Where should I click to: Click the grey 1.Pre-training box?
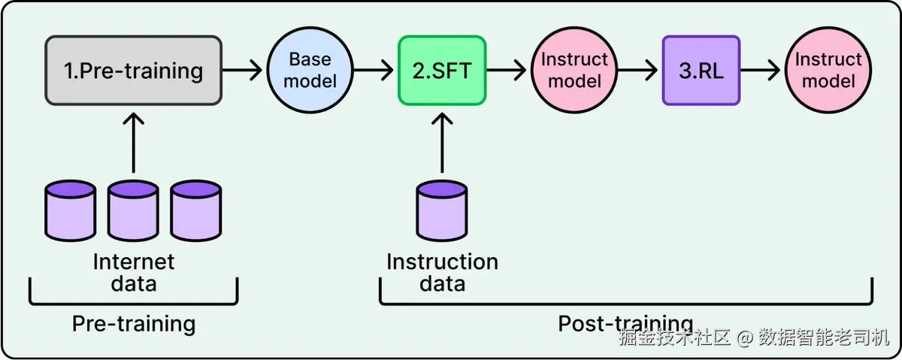coord(133,71)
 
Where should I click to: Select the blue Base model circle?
coord(310,70)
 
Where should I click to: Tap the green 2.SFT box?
coord(442,71)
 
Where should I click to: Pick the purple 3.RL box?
coord(701,71)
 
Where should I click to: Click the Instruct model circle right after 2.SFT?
coord(574,70)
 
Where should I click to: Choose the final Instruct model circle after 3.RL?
coord(828,70)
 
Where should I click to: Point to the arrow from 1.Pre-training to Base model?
coord(242,71)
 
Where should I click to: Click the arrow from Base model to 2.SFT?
coord(374,71)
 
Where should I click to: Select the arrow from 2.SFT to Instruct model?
coord(506,71)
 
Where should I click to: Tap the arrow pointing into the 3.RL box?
coord(638,71)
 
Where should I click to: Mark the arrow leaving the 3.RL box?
coord(761,71)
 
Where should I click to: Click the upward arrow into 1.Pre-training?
coord(133,143)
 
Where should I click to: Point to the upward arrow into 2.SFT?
coord(442,143)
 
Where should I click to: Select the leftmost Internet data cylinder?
coord(71,210)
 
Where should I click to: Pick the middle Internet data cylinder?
coord(133,210)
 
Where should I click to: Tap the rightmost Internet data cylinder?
coord(196,210)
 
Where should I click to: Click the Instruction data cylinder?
coord(442,210)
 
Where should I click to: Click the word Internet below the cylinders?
coord(134,262)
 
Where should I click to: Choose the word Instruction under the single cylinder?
coord(443,262)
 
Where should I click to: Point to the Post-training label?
coord(625,323)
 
